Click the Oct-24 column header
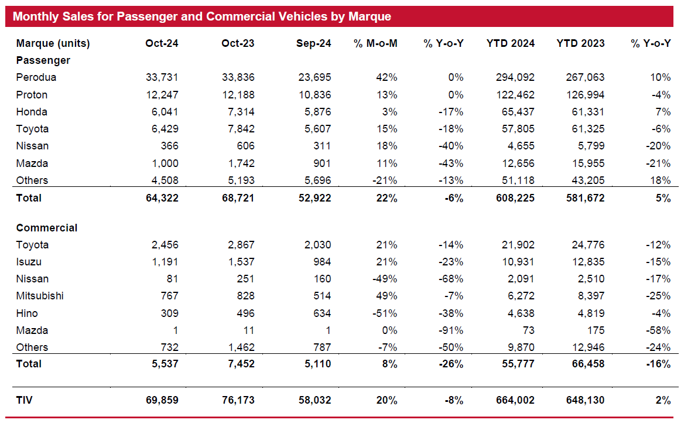coord(162,43)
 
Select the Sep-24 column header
coord(314,43)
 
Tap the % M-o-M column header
coord(375,43)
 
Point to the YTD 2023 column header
coord(580,43)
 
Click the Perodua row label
coord(36,77)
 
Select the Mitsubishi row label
coord(40,296)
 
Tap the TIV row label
coord(24,401)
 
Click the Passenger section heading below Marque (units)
coord(43,60)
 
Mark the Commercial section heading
coord(47,228)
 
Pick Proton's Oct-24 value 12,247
coord(162,95)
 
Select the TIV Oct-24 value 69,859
coord(162,401)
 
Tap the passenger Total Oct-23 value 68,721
coord(238,198)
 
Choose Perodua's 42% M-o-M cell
coord(387,77)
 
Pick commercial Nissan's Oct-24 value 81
coord(172,279)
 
